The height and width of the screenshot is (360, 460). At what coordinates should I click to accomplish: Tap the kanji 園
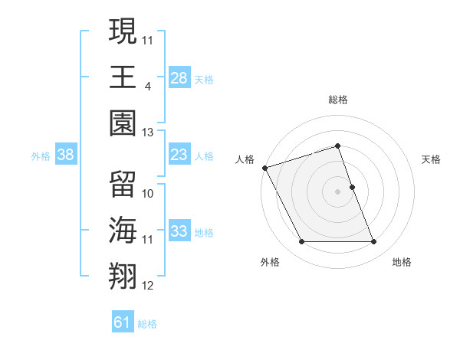(123, 121)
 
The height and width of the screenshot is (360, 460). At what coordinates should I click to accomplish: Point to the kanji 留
(123, 184)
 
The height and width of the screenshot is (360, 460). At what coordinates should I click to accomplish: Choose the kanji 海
(123, 230)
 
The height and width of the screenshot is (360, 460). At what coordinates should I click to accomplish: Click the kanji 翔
(123, 274)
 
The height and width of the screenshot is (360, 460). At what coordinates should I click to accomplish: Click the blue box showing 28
(179, 77)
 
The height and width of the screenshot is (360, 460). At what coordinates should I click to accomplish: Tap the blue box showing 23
(179, 155)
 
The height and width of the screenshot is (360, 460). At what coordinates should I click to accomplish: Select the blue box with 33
(179, 232)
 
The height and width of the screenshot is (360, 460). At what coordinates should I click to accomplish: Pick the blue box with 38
(66, 155)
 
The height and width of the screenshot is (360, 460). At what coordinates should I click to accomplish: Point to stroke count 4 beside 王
(148, 86)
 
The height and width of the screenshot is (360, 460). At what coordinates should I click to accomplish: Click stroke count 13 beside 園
(148, 132)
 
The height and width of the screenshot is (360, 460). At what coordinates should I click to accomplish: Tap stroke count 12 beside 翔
(148, 286)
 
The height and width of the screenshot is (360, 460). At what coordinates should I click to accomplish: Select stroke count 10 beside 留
(148, 194)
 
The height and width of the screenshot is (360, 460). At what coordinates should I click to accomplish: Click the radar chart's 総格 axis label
(338, 100)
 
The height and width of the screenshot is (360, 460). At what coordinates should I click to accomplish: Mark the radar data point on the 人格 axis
(264, 167)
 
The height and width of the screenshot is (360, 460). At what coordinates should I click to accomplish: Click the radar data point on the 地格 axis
(374, 242)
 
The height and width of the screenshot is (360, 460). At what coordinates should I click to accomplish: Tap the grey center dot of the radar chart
(338, 191)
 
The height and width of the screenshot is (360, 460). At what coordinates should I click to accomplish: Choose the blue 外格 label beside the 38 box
(41, 155)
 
